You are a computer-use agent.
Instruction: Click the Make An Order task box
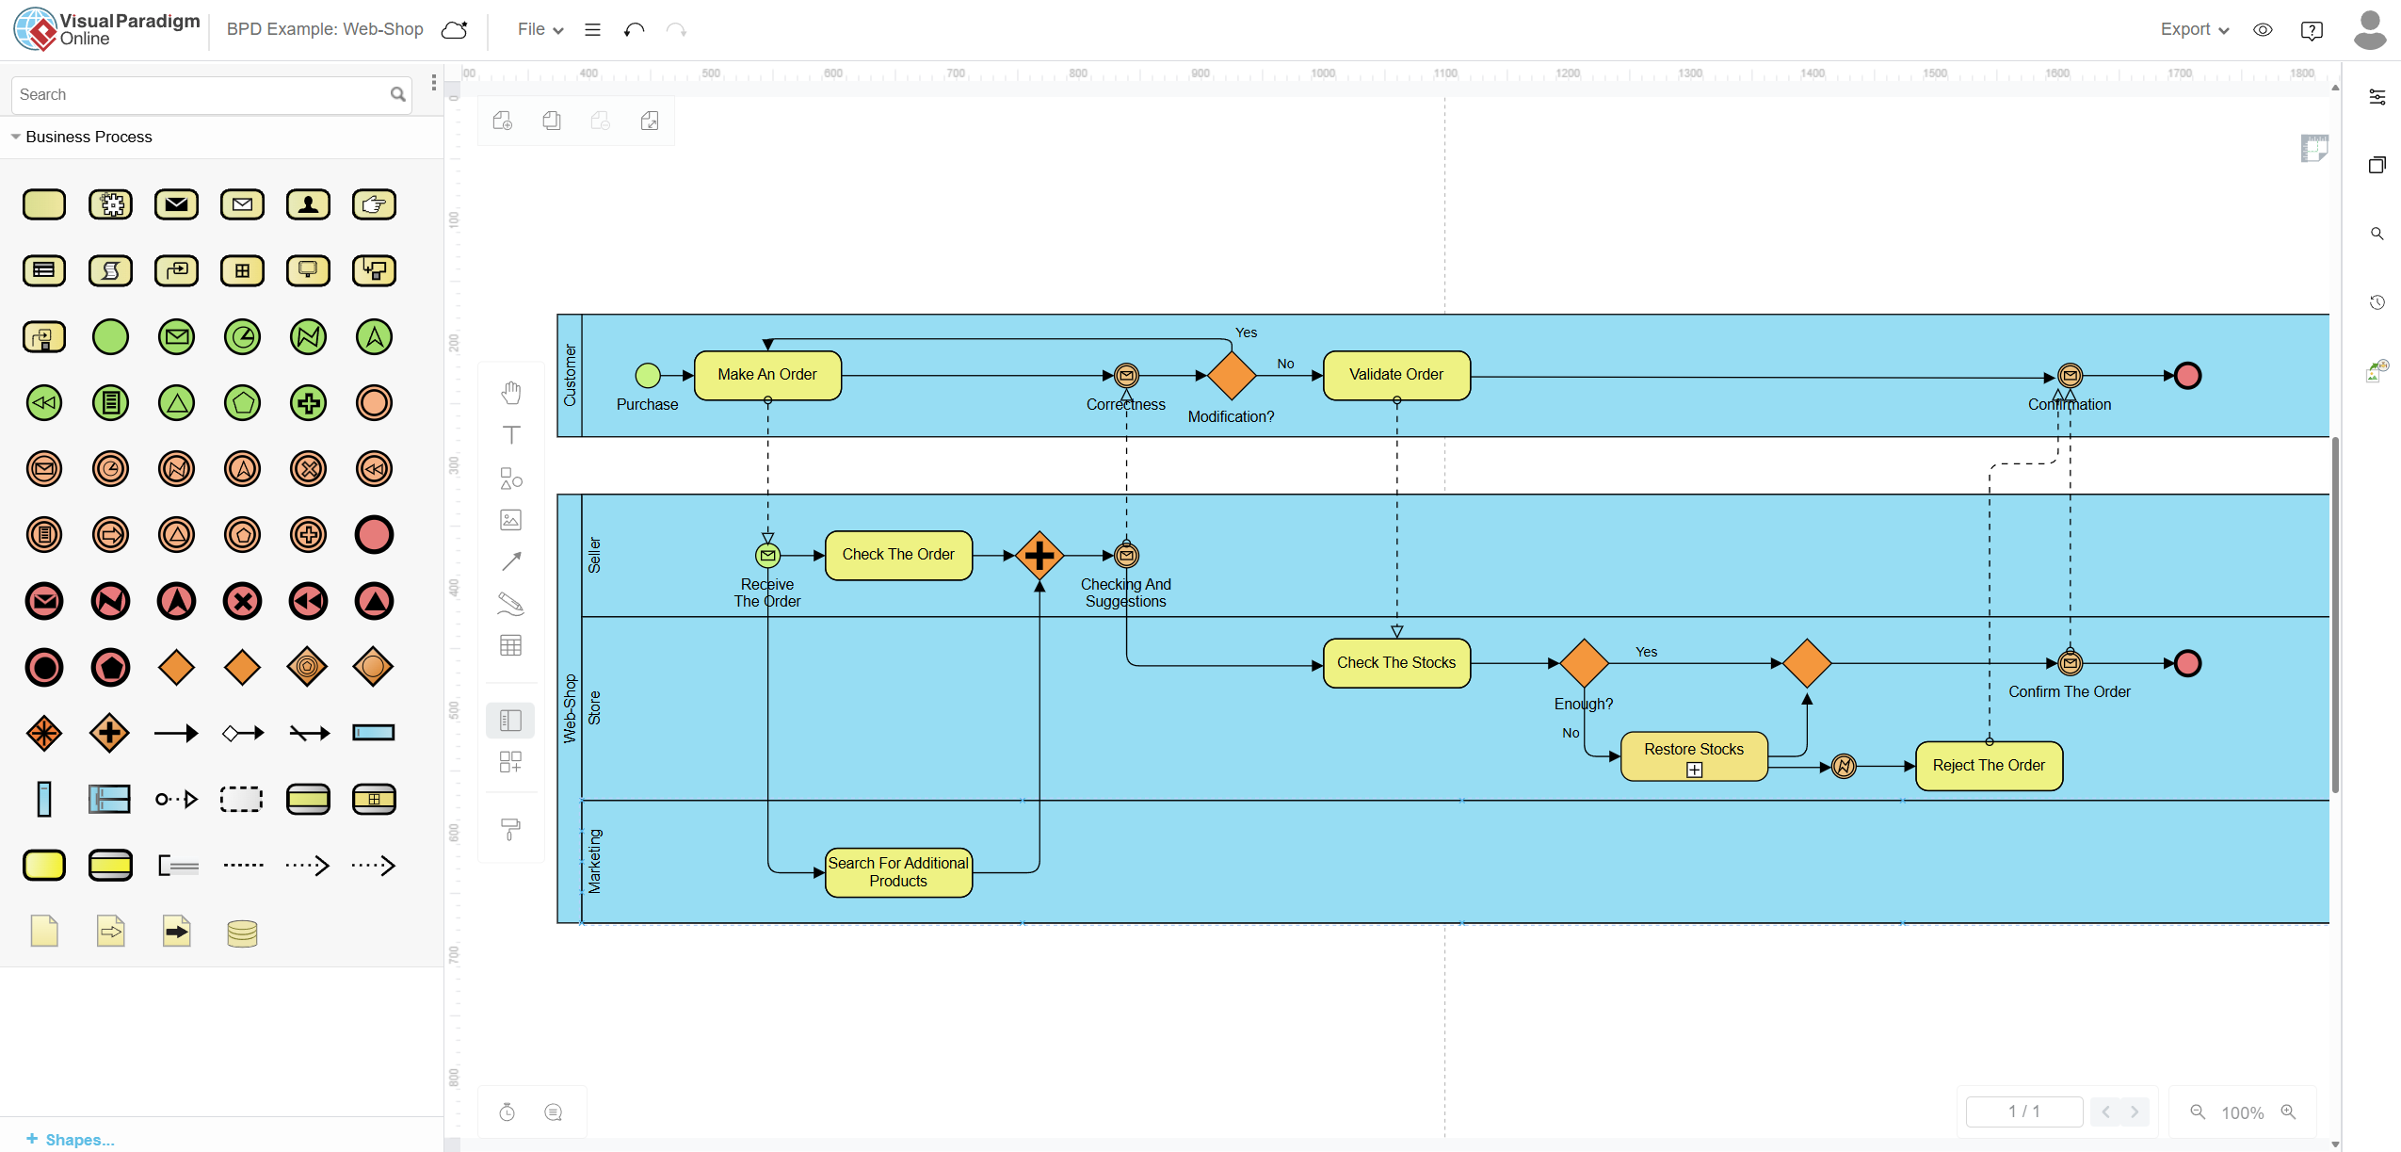click(x=767, y=375)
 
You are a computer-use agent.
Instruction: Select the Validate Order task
click(x=1396, y=375)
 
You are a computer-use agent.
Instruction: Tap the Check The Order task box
click(x=898, y=555)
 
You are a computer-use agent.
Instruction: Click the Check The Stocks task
click(x=1396, y=663)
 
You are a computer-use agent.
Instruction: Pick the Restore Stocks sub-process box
click(x=1694, y=756)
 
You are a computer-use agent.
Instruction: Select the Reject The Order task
click(x=1989, y=766)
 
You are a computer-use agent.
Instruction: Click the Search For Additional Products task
click(x=898, y=872)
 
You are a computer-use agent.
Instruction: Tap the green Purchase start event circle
click(x=648, y=376)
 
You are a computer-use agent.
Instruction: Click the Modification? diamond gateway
click(x=1231, y=376)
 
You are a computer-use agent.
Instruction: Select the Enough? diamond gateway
click(x=1585, y=663)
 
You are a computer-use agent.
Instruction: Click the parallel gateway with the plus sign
click(x=1039, y=556)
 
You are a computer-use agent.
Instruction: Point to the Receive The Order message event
click(x=768, y=556)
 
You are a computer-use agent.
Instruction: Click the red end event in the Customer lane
click(x=2187, y=376)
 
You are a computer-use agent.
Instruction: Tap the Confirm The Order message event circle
click(x=2070, y=663)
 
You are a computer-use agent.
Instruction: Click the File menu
click(x=540, y=29)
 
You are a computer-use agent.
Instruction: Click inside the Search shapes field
click(x=202, y=94)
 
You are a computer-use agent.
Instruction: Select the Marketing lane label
click(x=594, y=861)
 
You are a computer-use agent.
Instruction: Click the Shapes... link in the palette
click(x=71, y=1140)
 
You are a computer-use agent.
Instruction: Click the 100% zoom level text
click(x=2242, y=1112)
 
